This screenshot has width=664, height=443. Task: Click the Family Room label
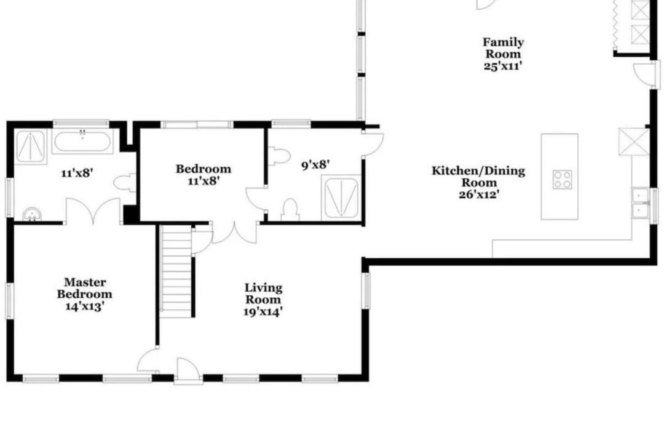point(503,48)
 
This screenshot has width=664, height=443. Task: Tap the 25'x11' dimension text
point(503,66)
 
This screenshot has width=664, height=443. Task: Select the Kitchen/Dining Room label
point(478,177)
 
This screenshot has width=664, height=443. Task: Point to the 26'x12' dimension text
point(478,194)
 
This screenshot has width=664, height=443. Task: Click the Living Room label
point(263,293)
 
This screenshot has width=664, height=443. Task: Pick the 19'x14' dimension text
point(263,312)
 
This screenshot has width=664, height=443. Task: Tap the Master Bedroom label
point(85,288)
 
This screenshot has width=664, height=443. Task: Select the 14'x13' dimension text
point(85,306)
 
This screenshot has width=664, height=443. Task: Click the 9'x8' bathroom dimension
point(315,164)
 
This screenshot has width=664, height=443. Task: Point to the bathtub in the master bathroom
point(82,142)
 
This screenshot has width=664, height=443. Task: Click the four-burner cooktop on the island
point(563,179)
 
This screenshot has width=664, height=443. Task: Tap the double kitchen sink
point(640,203)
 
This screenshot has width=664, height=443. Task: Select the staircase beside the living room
point(176,271)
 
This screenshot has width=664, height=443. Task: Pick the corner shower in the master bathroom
point(31,146)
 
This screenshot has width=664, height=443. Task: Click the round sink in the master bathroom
point(32,215)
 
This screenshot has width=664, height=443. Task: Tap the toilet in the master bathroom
point(125,183)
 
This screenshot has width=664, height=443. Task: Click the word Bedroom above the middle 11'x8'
point(204,169)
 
